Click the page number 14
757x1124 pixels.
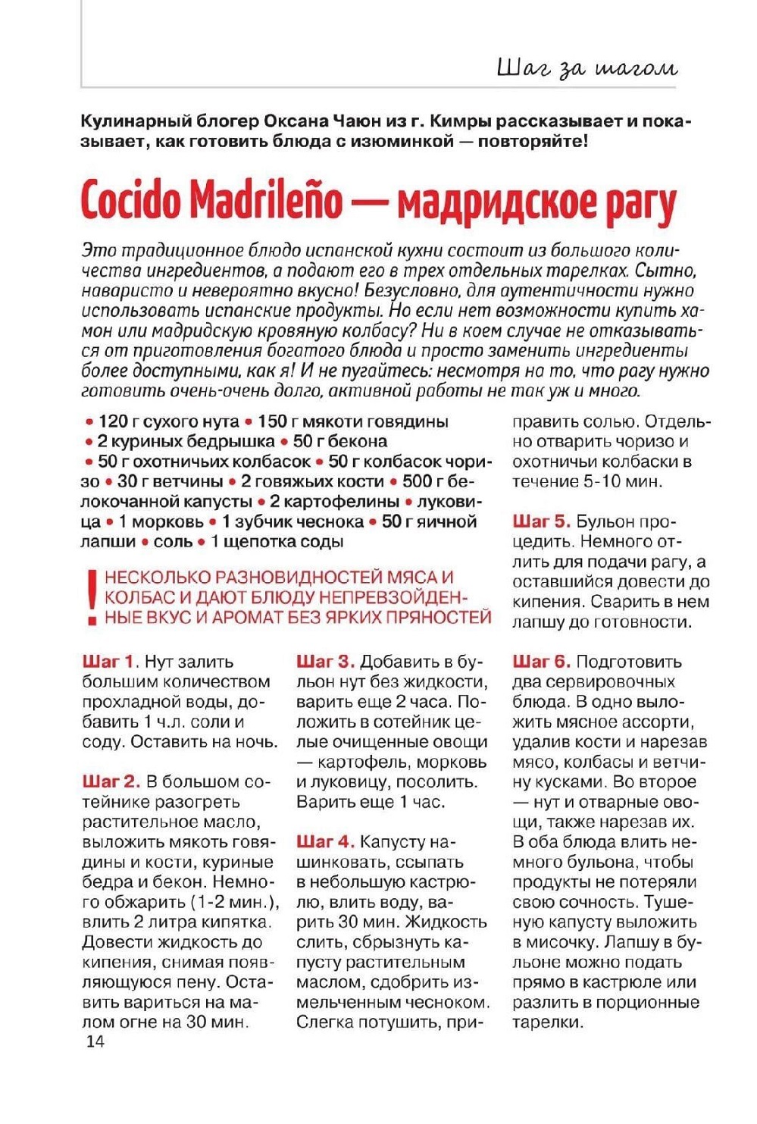pos(95,1041)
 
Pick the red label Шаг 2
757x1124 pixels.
pos(111,781)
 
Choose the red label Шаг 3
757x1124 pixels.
pos(325,662)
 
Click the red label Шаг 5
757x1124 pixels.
pos(541,521)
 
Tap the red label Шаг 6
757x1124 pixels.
pos(541,662)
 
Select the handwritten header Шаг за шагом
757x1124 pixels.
pos(586,68)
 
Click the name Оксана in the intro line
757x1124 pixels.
pos(296,121)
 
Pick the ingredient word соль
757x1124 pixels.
pos(173,542)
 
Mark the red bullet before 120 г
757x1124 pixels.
pos(89,422)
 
